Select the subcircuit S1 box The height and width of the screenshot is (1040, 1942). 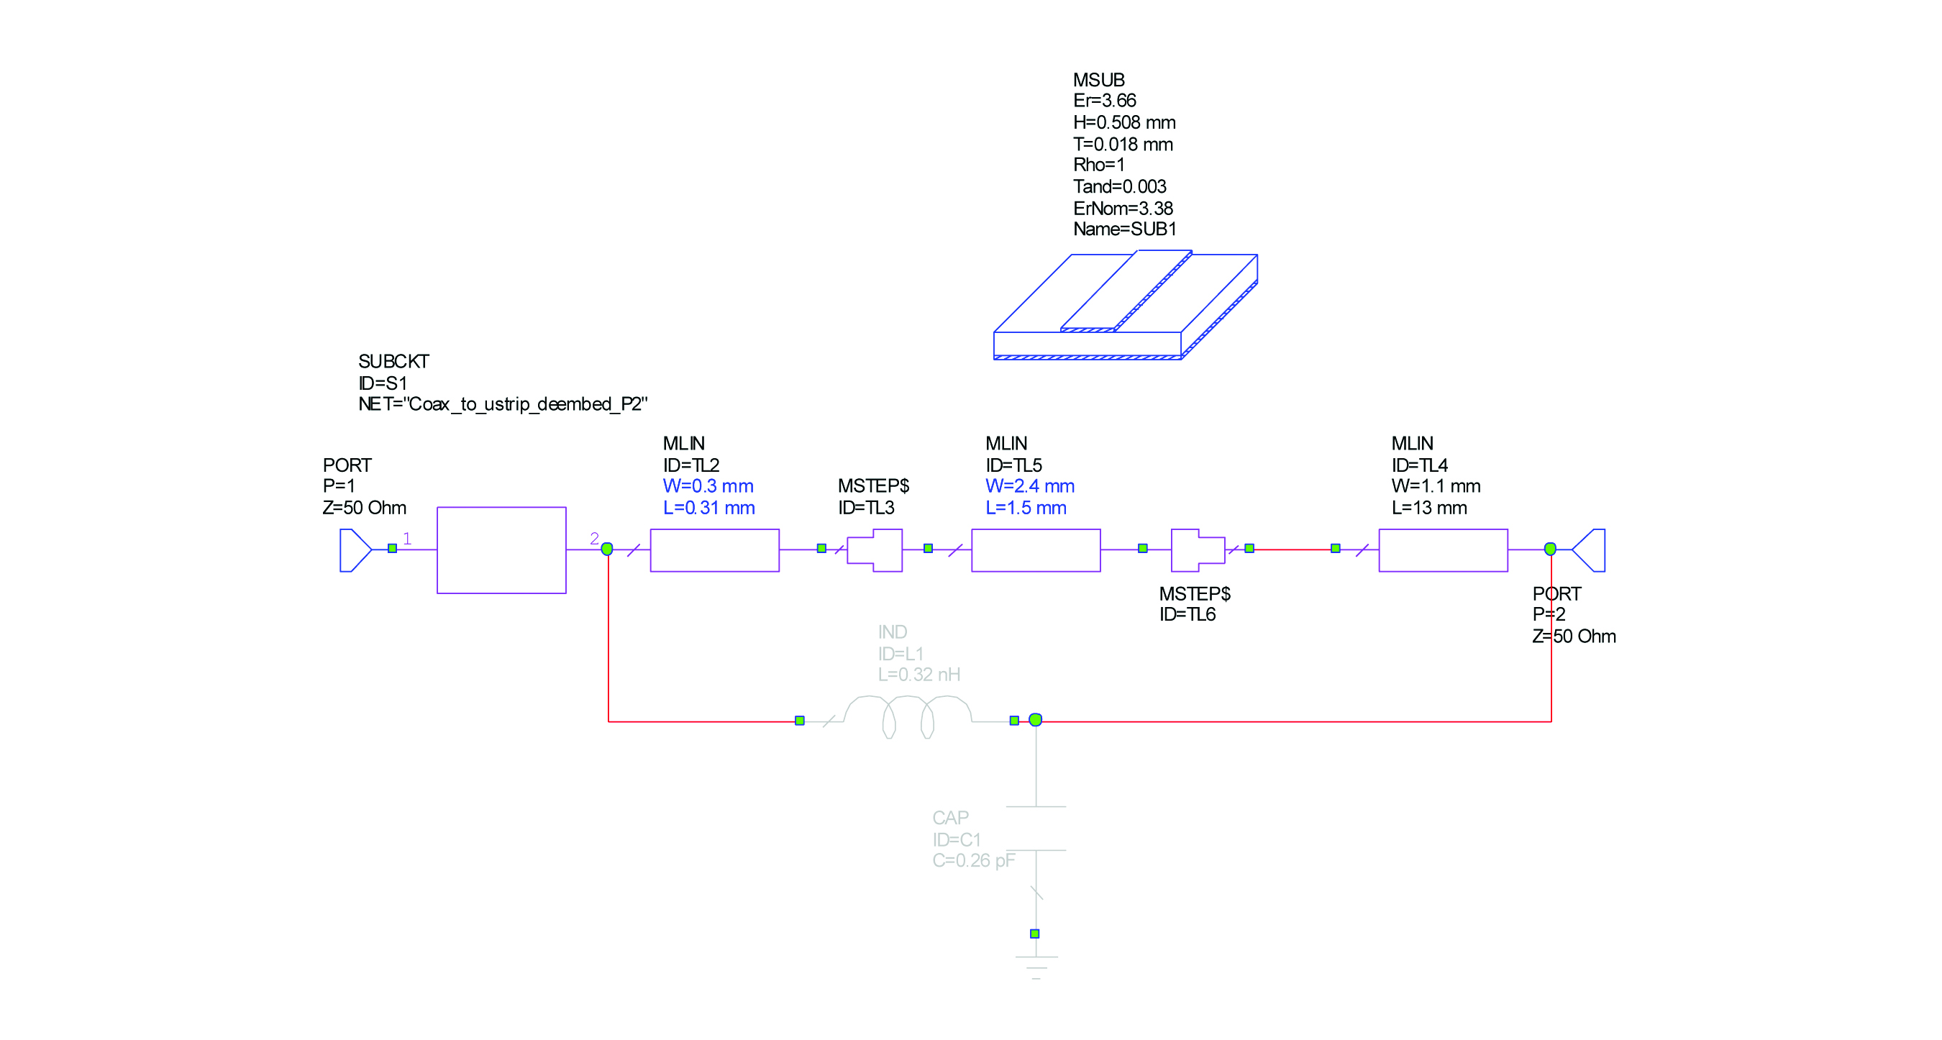(x=501, y=549)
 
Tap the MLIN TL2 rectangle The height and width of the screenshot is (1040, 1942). (x=714, y=549)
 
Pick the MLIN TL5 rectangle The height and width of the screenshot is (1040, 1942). (x=1035, y=549)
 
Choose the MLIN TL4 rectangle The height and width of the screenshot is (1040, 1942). (x=1442, y=549)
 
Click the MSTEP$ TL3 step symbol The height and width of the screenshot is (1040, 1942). (x=875, y=549)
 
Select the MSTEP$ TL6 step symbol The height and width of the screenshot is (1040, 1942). (x=1197, y=549)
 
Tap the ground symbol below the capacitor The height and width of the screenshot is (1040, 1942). (x=1036, y=964)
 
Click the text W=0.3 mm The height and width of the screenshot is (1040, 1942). (x=708, y=486)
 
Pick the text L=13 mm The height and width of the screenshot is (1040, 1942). (x=1428, y=508)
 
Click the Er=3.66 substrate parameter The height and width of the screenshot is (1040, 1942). (x=1105, y=100)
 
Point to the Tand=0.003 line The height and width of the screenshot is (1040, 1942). (x=1119, y=186)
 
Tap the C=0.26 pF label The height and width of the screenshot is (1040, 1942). (x=973, y=860)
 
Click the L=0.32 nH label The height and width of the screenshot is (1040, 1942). (x=918, y=675)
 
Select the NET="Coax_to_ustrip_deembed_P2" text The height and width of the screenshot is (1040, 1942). (x=503, y=404)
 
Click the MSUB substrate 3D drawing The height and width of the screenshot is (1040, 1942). (x=1125, y=305)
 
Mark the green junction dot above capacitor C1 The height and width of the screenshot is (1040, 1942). (x=1035, y=720)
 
